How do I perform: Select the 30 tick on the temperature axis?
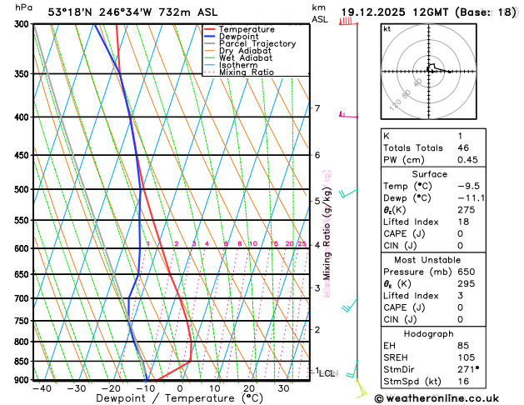(283, 388)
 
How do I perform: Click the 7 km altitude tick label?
(317, 108)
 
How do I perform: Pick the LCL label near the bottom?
(327, 373)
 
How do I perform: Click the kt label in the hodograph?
(387, 29)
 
